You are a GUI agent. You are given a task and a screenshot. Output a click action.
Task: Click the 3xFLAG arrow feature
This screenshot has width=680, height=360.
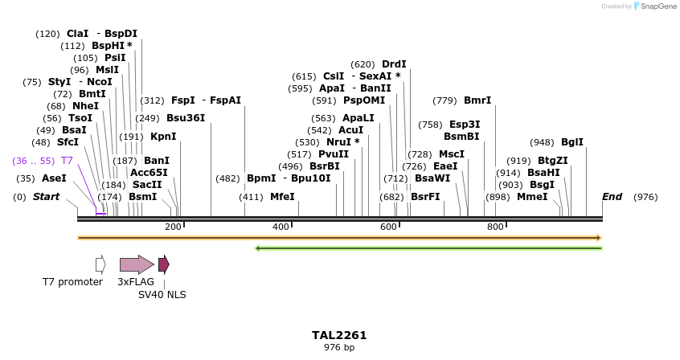point(136,264)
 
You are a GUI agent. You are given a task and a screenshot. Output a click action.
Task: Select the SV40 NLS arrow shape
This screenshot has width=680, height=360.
point(163,264)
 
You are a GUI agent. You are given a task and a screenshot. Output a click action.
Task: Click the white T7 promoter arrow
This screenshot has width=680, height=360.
point(100,264)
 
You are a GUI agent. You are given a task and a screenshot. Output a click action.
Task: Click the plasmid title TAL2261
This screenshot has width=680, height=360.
point(339,335)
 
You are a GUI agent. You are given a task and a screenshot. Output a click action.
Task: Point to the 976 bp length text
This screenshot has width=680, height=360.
point(339,348)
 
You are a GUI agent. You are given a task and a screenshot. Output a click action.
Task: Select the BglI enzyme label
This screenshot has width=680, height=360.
point(572,142)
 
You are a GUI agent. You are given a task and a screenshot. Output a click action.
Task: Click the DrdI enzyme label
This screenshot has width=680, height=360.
point(394,64)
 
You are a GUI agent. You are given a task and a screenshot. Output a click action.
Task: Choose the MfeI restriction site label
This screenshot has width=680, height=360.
point(282,197)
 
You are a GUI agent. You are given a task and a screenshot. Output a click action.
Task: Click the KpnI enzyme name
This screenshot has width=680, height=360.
point(163,137)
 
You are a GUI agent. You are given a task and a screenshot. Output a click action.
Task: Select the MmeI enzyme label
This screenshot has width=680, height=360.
point(532,197)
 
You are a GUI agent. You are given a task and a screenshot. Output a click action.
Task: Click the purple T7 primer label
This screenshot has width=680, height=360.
point(67,161)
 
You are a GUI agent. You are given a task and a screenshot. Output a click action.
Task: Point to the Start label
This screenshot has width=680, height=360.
point(46,197)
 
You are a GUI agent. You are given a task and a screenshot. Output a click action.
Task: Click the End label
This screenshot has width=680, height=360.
point(612,197)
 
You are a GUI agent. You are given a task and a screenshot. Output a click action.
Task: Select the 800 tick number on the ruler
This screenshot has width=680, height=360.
point(495,227)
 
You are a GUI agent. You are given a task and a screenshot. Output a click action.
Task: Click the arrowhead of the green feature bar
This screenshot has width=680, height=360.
point(258,248)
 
